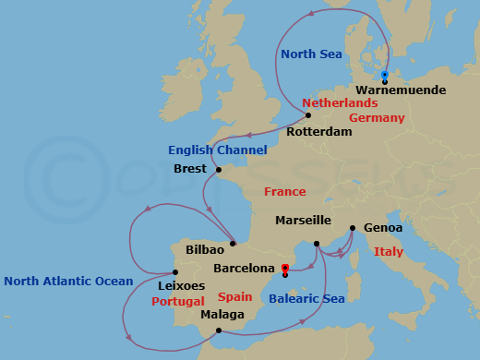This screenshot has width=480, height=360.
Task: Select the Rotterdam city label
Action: [319, 132]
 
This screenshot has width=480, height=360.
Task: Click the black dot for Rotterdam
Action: [308, 116]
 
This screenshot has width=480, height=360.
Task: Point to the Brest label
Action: [190, 169]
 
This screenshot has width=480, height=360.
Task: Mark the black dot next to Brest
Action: [218, 170]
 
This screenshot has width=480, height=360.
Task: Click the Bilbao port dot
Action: [233, 244]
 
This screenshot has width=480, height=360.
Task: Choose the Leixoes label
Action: [181, 286]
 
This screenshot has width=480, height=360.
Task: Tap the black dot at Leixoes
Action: [175, 272]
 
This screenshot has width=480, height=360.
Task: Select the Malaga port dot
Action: [218, 331]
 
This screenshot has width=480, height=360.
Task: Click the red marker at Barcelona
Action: [285, 269]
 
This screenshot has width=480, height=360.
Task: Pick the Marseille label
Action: [303, 221]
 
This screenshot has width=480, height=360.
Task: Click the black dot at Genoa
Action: [352, 228]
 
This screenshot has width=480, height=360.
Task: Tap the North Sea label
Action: [311, 55]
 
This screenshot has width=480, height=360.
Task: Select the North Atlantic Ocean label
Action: [68, 281]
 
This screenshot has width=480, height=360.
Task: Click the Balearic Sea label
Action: [306, 298]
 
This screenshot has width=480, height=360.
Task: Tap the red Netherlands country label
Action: [340, 103]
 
